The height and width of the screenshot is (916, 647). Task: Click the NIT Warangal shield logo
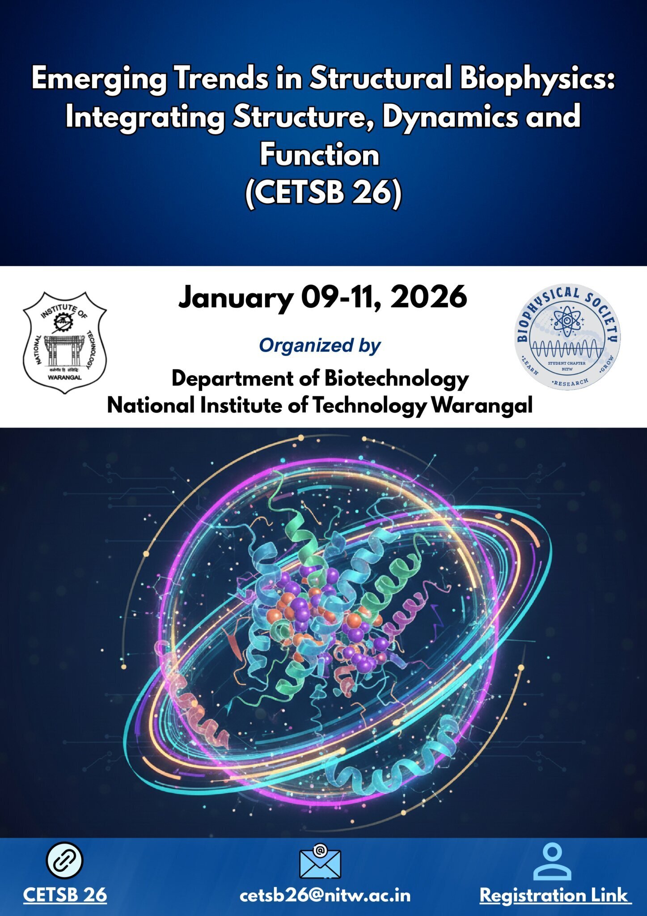pyautogui.click(x=65, y=343)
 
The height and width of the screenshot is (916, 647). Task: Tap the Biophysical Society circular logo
pyautogui.click(x=567, y=336)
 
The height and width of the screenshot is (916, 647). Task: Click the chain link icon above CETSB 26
pyautogui.click(x=65, y=861)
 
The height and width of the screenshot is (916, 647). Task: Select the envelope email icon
pyautogui.click(x=320, y=861)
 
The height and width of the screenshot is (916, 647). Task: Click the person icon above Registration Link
pyautogui.click(x=552, y=861)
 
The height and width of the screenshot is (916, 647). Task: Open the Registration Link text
pyautogui.click(x=555, y=896)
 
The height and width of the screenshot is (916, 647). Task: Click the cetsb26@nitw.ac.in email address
pyautogui.click(x=325, y=896)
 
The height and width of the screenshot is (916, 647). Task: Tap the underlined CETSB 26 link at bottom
pyautogui.click(x=65, y=895)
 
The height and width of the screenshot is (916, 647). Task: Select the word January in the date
pyautogui.click(x=236, y=298)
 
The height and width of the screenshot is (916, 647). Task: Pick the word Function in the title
pyautogui.click(x=320, y=155)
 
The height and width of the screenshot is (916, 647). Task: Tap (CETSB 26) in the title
pyautogui.click(x=323, y=193)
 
